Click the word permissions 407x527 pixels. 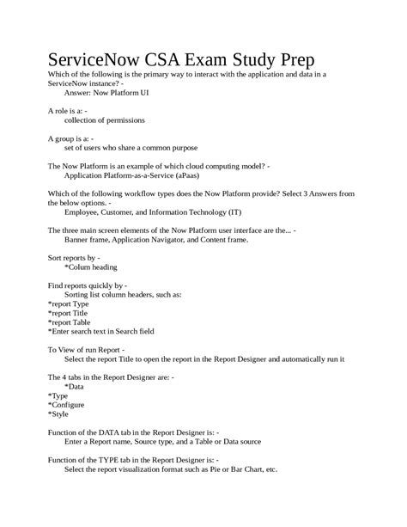(x=110, y=121)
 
